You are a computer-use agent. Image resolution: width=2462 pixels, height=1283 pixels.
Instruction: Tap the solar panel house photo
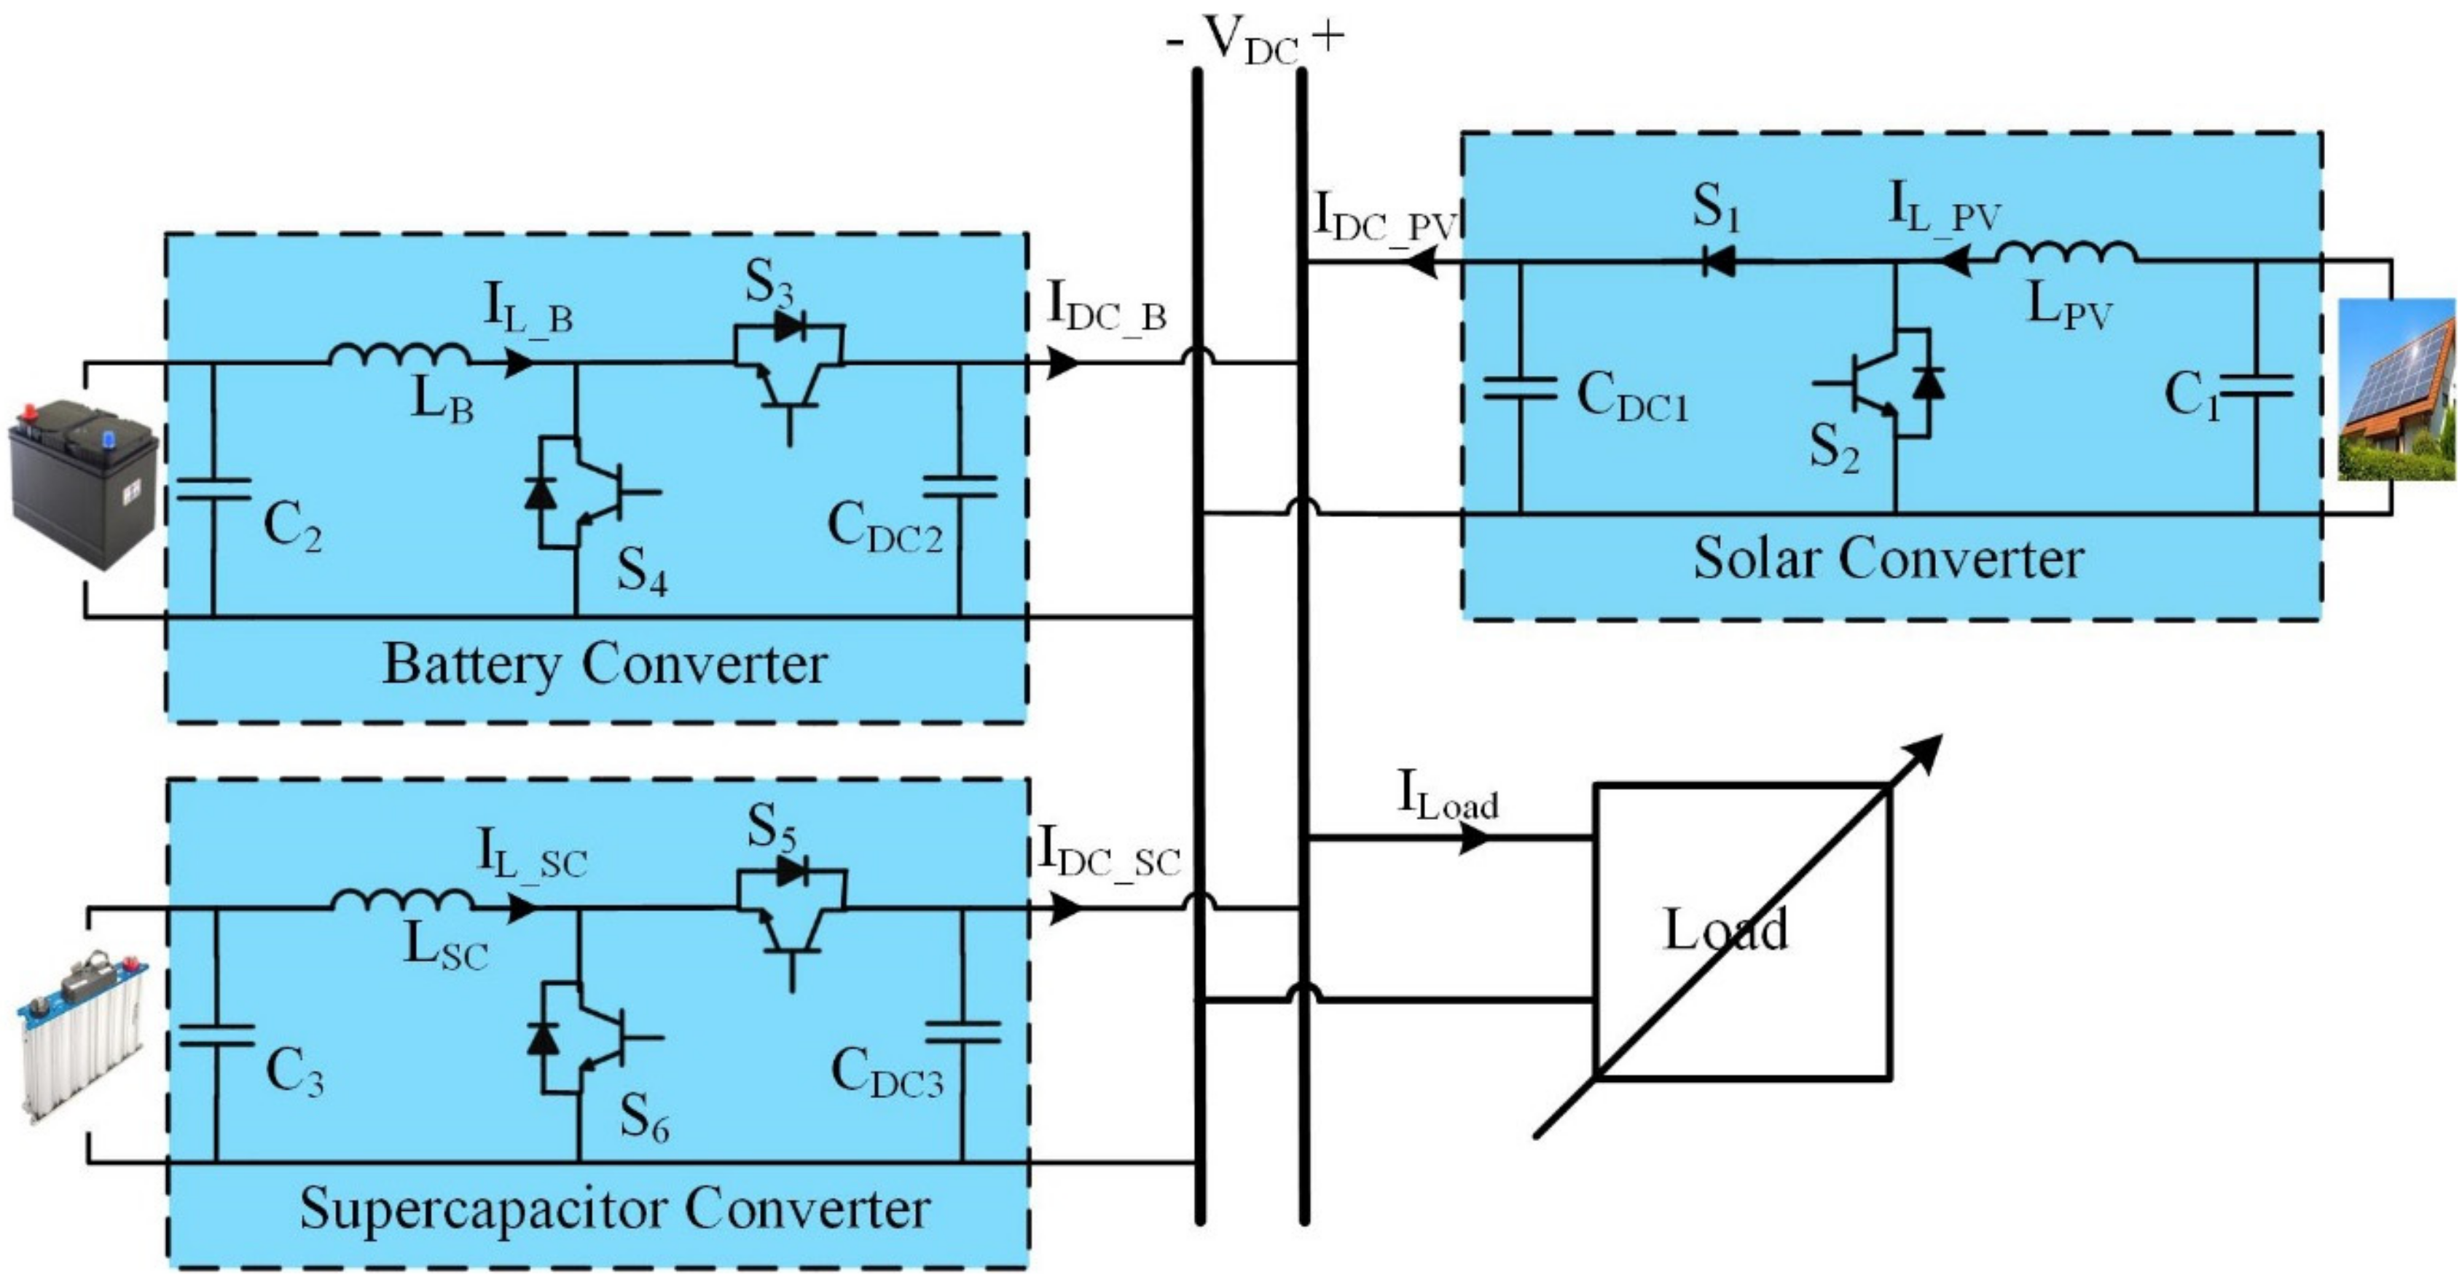[x=2395, y=389]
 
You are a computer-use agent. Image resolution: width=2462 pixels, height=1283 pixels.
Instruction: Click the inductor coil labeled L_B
[x=399, y=355]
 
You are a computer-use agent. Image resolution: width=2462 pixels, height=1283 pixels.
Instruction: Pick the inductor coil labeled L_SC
[x=402, y=901]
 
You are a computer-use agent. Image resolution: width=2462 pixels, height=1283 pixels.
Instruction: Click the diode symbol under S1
[x=1720, y=261]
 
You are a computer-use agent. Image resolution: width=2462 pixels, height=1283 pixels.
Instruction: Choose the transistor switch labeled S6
[x=585, y=1038]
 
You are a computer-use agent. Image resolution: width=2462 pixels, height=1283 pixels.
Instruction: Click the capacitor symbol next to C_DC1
[x=1520, y=390]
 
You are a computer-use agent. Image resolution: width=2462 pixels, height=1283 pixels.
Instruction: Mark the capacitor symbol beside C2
[x=213, y=489]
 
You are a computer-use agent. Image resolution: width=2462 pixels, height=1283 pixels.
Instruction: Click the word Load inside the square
[x=1726, y=928]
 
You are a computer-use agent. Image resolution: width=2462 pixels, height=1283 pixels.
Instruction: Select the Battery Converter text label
[x=604, y=665]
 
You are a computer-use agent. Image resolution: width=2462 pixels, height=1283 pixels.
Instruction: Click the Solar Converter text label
[x=1889, y=559]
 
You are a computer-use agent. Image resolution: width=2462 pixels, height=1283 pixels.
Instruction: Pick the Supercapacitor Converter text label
[x=614, y=1209]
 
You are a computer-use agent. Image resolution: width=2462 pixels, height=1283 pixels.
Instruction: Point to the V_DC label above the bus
[x=1252, y=40]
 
